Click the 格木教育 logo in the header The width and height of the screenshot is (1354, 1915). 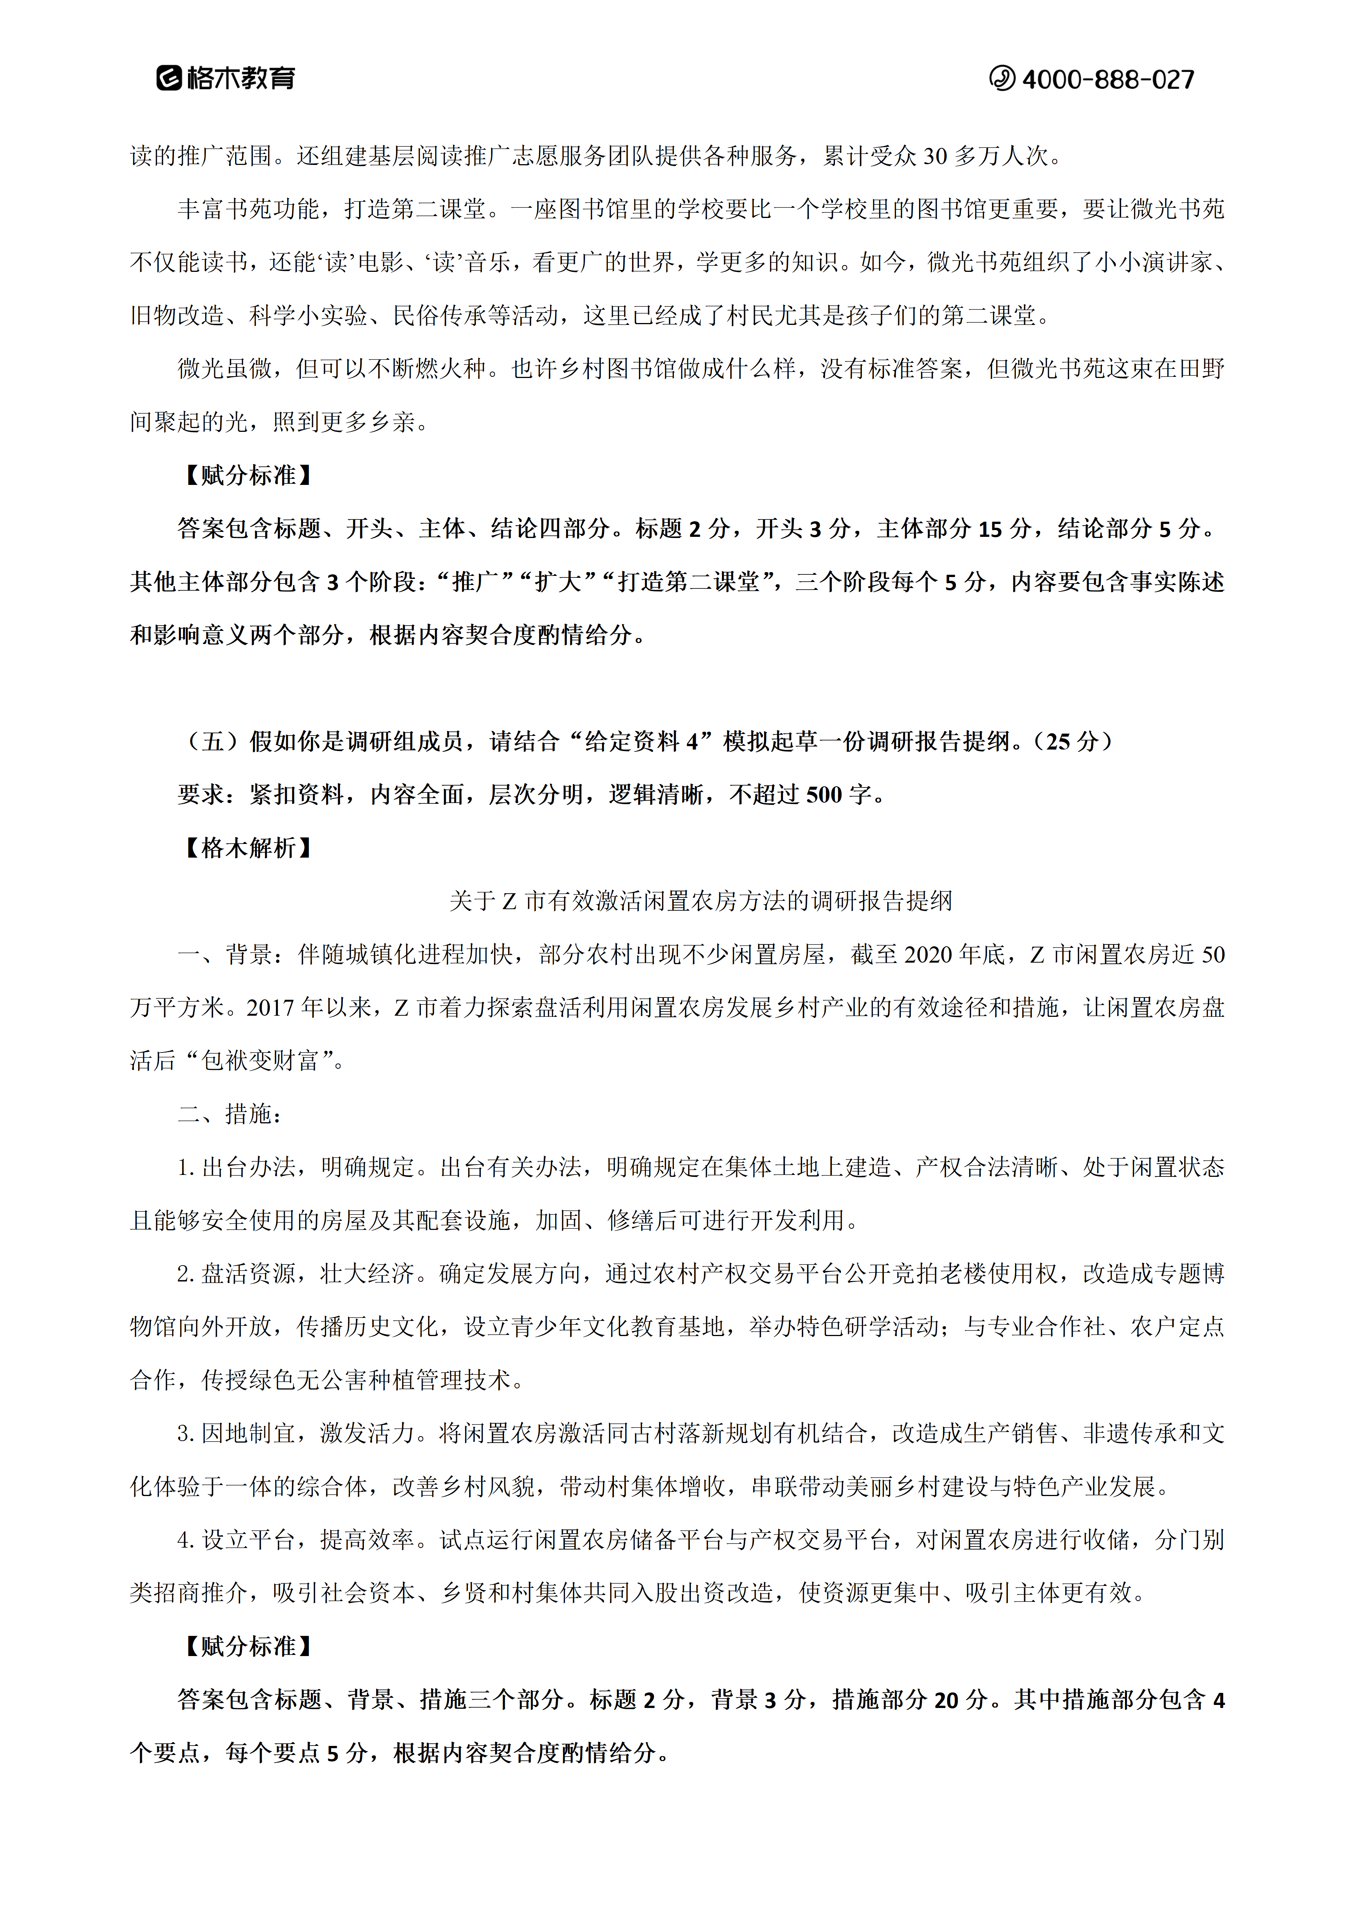225,78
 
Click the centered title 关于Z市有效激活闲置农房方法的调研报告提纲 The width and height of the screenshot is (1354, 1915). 700,901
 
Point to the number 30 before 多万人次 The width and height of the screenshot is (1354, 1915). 934,156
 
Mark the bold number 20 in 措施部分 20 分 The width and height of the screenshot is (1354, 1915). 946,1700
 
